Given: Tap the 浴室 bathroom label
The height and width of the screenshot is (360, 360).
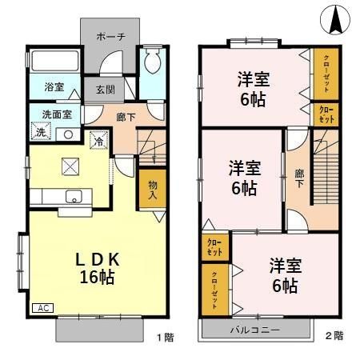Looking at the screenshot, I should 54,86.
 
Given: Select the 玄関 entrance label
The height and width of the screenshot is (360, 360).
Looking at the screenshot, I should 104,90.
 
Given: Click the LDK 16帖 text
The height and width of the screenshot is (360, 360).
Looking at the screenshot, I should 98,268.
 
